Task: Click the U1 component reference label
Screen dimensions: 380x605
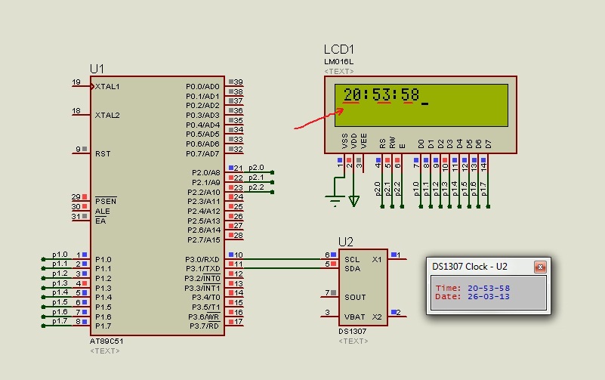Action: pos(97,69)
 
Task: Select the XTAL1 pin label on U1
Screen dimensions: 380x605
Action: pos(107,87)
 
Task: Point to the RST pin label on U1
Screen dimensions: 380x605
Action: pos(103,153)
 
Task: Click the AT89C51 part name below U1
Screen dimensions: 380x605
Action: pos(106,341)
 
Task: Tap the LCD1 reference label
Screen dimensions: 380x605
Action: pos(339,50)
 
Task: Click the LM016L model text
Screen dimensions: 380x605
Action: pos(338,61)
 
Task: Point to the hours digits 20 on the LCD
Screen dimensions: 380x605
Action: pos(352,94)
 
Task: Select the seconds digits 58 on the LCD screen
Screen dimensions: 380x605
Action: pos(410,94)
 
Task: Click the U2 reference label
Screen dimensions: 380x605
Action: pos(345,242)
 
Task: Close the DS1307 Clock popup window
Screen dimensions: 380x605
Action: pos(540,267)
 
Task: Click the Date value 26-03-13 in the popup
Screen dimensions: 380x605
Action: pos(489,296)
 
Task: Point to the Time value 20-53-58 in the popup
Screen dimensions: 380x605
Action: pos(489,288)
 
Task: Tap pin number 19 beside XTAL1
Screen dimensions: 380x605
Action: pos(76,82)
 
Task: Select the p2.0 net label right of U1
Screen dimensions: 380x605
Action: pos(256,167)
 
